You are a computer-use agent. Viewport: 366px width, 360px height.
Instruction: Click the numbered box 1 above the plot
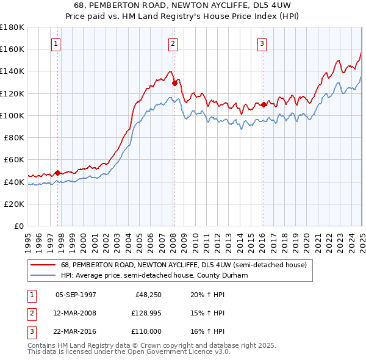(56, 43)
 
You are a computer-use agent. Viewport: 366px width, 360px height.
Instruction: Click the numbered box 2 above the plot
(173, 43)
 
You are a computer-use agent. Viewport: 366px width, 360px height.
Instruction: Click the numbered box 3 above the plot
(262, 43)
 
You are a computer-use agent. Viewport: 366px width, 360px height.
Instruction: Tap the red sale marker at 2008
(174, 82)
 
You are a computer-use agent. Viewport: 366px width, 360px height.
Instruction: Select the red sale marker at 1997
(57, 173)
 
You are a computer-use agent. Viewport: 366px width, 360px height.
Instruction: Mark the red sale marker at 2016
(264, 104)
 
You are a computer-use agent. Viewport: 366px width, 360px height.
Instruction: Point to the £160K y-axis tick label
(12, 49)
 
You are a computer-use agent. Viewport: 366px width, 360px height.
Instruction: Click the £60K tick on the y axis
(15, 160)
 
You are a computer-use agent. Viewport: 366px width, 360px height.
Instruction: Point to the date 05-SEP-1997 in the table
(76, 295)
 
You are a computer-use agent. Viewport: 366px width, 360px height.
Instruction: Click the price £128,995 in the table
(145, 314)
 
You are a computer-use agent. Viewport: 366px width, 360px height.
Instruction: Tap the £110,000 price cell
(145, 333)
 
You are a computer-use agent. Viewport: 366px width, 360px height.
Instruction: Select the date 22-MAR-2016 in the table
(76, 333)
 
